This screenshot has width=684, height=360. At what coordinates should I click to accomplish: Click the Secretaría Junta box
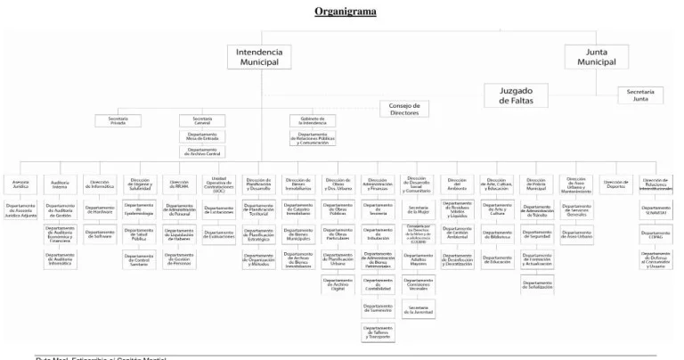coord(640,95)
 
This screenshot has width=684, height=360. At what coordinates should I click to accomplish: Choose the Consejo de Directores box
coord(403,109)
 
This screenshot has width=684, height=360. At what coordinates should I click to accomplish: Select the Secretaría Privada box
coord(118,120)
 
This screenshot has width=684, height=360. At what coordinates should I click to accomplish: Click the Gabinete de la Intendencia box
coord(313,120)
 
